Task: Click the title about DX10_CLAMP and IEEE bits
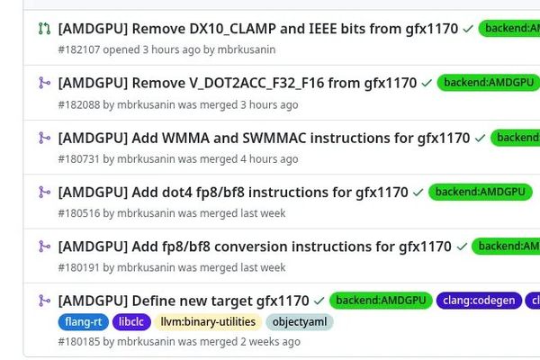[257, 29]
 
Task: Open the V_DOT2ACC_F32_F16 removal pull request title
[237, 83]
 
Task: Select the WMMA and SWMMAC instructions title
[264, 138]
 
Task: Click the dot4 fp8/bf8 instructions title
[233, 192]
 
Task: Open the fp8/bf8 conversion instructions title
[255, 246]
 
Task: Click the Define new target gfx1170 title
[184, 300]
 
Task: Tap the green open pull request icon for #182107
[43, 29]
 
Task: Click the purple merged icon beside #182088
[43, 83]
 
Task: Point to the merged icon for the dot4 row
[43, 192]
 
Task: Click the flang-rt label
[84, 321]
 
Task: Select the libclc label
[131, 321]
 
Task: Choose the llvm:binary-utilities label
[208, 321]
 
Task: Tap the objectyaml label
[299, 321]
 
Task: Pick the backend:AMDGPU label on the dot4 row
[479, 192]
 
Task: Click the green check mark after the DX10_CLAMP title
[468, 29]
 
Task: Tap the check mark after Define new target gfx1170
[319, 300]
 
